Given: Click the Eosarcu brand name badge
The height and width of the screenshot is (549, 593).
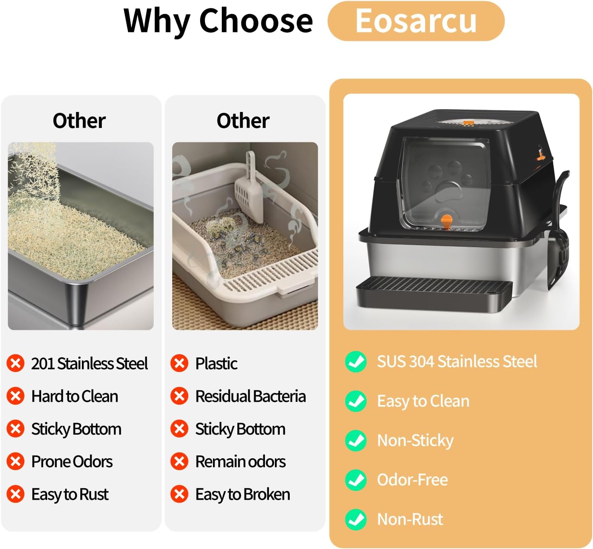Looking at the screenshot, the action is pyautogui.click(x=416, y=21).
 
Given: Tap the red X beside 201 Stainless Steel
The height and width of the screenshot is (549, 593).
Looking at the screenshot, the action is pyautogui.click(x=16, y=363).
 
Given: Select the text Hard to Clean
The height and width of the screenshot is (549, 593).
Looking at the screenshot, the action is pyautogui.click(x=75, y=396).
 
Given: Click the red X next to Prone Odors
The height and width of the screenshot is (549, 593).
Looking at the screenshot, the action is pyautogui.click(x=16, y=461).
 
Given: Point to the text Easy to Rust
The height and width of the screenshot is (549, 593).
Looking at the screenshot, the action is pyautogui.click(x=70, y=494).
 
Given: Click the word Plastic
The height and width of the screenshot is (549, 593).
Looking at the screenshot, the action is pyautogui.click(x=216, y=363).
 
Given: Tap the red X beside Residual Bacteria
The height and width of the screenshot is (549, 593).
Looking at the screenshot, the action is pyautogui.click(x=179, y=396).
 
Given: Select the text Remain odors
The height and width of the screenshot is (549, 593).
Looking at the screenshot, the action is pyautogui.click(x=241, y=461).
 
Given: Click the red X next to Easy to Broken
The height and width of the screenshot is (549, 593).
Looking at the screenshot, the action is pyautogui.click(x=179, y=494).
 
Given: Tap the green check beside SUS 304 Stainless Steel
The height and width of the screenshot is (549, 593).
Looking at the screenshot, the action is pyautogui.click(x=356, y=361).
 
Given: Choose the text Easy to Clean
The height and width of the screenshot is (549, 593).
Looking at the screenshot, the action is pyautogui.click(x=423, y=401).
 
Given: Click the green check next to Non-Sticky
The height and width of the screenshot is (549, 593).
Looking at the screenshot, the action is pyautogui.click(x=356, y=440).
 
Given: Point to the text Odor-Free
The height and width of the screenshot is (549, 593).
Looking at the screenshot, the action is pyautogui.click(x=412, y=480).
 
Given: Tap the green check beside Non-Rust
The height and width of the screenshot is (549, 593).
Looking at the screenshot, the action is pyautogui.click(x=356, y=519).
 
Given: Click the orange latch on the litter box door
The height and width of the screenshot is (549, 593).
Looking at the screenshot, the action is pyautogui.click(x=446, y=222).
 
